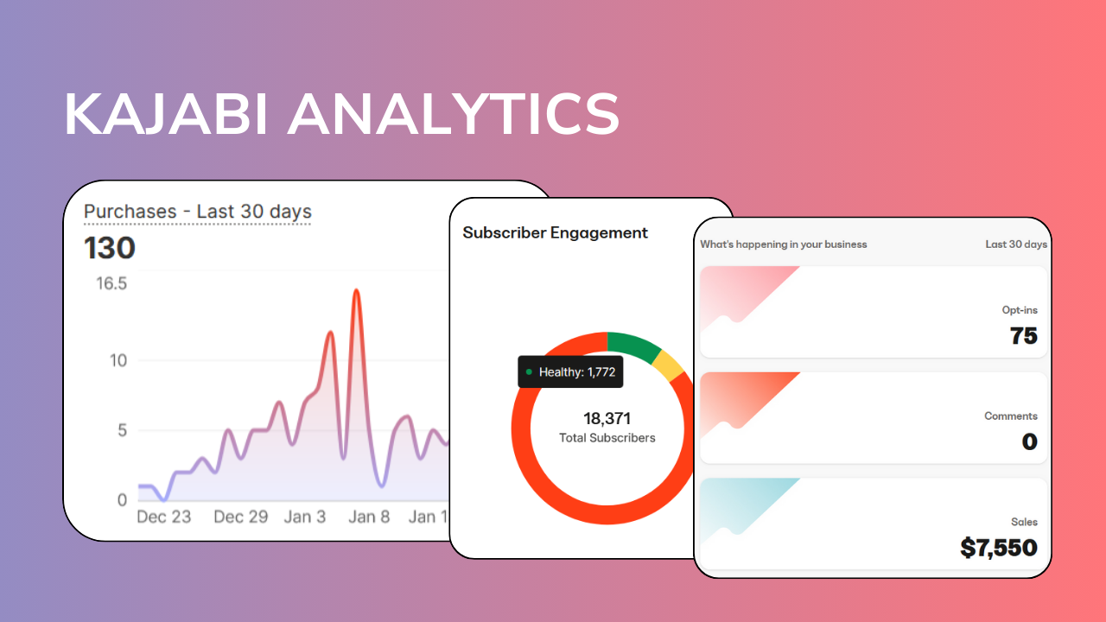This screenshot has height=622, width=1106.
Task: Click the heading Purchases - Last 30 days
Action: (x=197, y=212)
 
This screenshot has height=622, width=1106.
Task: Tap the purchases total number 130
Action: (x=110, y=249)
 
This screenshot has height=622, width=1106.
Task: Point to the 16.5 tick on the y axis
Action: (x=111, y=283)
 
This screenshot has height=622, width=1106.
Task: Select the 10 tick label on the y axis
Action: (x=118, y=360)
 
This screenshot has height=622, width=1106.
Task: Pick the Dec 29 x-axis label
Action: (x=241, y=517)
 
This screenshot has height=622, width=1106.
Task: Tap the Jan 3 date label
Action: (x=305, y=517)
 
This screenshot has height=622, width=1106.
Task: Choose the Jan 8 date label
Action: (x=369, y=517)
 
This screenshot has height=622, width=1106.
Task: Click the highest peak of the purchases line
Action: (x=356, y=292)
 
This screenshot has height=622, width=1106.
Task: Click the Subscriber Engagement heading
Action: (x=555, y=232)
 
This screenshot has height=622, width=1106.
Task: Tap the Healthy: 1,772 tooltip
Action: (x=569, y=371)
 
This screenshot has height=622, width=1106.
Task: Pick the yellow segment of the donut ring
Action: (x=669, y=365)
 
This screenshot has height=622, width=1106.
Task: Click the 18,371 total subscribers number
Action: (x=607, y=419)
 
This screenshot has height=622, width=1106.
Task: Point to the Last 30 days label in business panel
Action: (x=1015, y=244)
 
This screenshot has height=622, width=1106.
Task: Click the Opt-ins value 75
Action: (x=1023, y=336)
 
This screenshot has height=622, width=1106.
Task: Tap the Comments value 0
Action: (x=1029, y=442)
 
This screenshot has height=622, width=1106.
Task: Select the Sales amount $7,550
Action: (x=998, y=548)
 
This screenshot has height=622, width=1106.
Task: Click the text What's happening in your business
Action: (x=783, y=244)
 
